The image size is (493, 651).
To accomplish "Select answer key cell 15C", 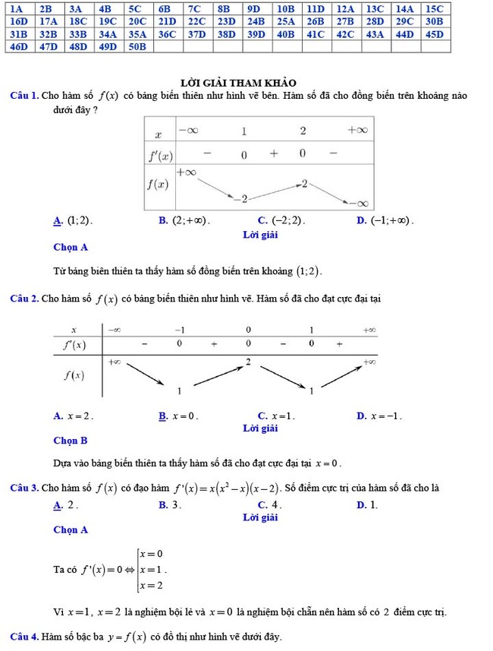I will [x=434, y=8].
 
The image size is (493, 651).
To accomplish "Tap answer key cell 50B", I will [x=137, y=46].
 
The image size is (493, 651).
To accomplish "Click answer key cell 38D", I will [x=226, y=34].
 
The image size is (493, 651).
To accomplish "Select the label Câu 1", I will [x=24, y=96].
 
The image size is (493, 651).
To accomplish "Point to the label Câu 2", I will [x=24, y=299].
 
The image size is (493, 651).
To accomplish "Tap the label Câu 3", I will [x=24, y=487].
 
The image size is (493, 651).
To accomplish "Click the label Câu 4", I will [x=24, y=636].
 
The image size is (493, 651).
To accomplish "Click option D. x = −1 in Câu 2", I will [x=378, y=416].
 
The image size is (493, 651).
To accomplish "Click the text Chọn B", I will [x=71, y=440].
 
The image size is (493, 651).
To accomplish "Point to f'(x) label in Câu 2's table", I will [x=74, y=344].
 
